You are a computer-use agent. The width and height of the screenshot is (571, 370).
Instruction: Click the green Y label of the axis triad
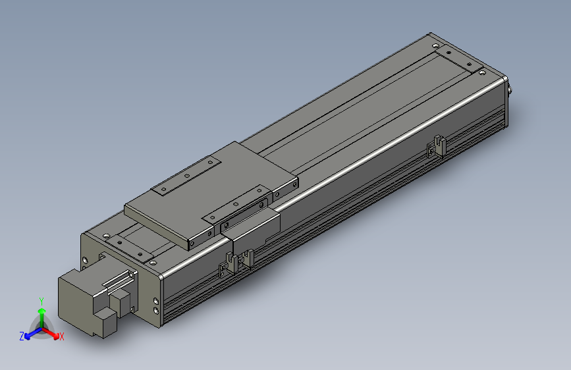pos(41,300)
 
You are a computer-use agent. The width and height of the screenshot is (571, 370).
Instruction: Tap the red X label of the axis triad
pos(62,336)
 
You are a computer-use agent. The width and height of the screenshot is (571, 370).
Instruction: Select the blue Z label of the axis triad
pos(22,336)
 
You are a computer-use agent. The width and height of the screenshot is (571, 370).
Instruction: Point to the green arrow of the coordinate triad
pos(41,315)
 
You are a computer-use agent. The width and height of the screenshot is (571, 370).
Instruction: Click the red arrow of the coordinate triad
pos(52,332)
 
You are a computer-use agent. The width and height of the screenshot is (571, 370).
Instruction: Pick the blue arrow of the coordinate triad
pos(32,332)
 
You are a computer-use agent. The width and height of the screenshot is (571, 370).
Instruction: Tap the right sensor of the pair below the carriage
pos(248,258)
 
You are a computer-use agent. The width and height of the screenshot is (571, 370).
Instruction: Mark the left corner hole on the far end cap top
pos(435,45)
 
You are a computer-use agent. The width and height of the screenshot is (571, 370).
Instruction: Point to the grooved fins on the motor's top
pos(117,282)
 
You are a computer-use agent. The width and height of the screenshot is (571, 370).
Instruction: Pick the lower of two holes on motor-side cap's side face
pos(155,311)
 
